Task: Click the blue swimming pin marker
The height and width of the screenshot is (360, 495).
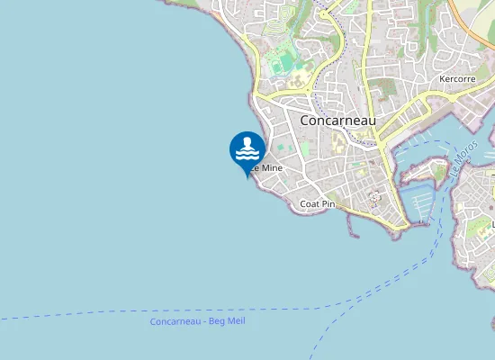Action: click(247, 149)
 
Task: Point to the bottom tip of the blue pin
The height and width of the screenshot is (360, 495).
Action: click(247, 177)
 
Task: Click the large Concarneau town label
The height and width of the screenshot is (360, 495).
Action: click(337, 120)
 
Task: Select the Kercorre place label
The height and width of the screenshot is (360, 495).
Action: click(457, 79)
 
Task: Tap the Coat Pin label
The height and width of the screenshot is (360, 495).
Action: click(317, 204)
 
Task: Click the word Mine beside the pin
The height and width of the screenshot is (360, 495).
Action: click(271, 167)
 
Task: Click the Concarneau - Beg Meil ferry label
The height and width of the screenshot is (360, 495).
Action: click(197, 321)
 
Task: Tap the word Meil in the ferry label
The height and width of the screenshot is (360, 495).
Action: click(235, 320)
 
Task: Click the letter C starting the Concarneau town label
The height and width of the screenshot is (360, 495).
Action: click(304, 120)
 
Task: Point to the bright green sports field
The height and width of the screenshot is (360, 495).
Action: click(285, 62)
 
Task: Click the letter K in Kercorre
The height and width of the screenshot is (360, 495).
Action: click(442, 79)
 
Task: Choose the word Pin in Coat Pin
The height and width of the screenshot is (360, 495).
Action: click(328, 204)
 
